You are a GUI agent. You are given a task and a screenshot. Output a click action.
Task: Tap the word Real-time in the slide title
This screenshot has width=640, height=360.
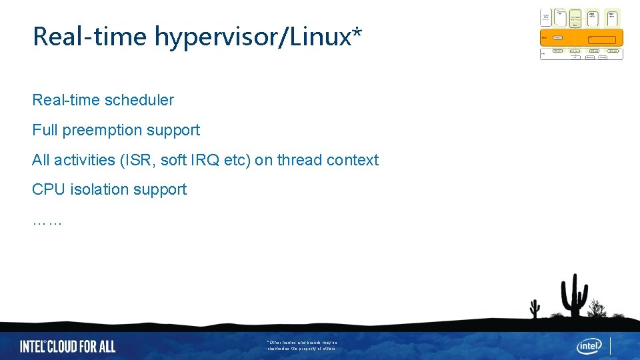click(90, 37)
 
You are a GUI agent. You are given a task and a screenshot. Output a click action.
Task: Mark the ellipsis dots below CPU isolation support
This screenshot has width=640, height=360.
click(47, 221)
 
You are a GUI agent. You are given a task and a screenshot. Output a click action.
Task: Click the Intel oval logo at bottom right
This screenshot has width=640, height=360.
click(589, 346)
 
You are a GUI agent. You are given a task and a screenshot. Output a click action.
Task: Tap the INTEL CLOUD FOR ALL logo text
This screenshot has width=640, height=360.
click(67, 346)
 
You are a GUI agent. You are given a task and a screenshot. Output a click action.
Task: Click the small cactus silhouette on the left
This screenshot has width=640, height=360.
click(535, 308)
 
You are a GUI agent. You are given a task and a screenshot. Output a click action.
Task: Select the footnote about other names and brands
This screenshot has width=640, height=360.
click(303, 345)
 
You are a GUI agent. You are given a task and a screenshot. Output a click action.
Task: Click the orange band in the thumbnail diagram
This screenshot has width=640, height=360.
click(581, 38)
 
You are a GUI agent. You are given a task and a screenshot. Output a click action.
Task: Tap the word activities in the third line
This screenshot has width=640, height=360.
click(85, 160)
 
